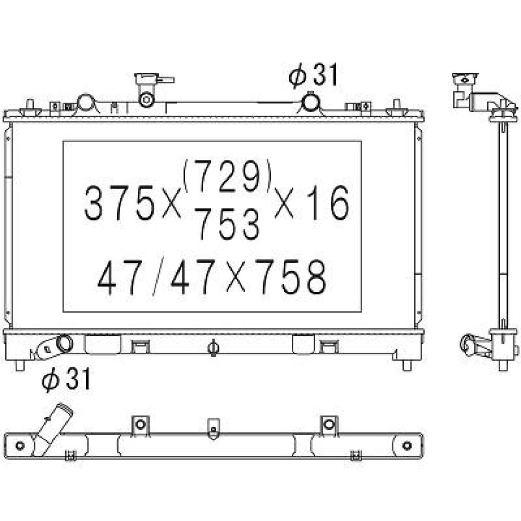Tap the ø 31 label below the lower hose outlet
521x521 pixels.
[x=66, y=379]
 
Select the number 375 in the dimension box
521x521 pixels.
[x=119, y=203]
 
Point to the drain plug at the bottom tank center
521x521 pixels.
[x=213, y=348]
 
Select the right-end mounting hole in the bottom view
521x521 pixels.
[x=407, y=445]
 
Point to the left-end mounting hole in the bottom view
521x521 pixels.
[x=20, y=445]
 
